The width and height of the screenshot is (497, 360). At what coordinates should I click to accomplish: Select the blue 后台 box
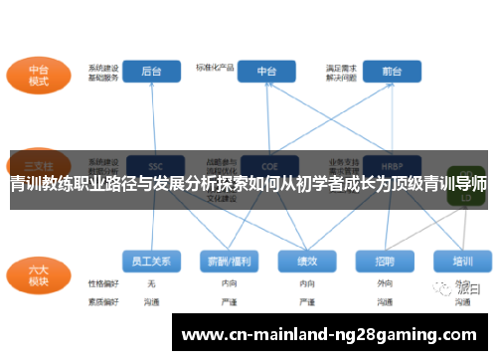point(151,72)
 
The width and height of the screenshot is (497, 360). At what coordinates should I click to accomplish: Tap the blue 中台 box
point(266,72)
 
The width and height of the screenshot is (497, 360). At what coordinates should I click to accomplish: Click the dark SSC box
point(151,164)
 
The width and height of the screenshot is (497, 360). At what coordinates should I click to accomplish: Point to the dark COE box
point(266,164)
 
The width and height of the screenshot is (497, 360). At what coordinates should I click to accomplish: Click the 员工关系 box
point(151,262)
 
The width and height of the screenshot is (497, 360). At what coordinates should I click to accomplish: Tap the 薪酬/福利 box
point(227,262)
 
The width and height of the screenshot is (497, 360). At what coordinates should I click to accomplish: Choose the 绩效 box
point(306,262)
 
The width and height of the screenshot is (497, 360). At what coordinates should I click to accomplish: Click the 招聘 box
point(386,262)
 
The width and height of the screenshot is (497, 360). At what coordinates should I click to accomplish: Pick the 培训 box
point(462,262)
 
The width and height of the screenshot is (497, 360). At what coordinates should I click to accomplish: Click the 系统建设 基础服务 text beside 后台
point(102,72)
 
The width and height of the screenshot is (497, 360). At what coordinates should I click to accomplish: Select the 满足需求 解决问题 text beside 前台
point(341,72)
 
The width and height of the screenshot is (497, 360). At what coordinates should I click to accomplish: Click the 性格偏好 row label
point(102,284)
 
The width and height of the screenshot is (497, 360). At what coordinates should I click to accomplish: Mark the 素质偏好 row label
point(102,300)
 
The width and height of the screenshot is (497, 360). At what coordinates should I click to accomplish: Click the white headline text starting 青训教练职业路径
point(248,184)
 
